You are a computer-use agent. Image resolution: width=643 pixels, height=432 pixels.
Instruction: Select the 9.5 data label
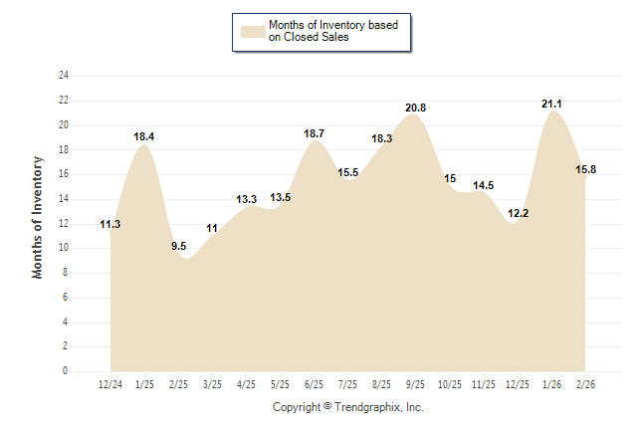tap(179, 245)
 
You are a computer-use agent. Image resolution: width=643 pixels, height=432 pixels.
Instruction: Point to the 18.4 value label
tap(145, 136)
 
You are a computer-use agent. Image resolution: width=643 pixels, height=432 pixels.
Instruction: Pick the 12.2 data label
tap(518, 213)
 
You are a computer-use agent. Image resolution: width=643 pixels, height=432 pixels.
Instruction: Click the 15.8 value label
tap(586, 169)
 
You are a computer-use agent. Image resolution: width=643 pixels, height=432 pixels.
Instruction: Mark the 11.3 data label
tap(110, 224)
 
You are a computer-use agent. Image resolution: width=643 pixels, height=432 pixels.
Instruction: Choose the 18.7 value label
tap(314, 132)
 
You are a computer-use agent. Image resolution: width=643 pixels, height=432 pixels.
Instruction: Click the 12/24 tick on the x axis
tap(111, 383)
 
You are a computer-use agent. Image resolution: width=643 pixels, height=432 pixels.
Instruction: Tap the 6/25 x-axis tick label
tap(315, 383)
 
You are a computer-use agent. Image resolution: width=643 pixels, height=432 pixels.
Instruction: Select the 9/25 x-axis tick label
tap(416, 383)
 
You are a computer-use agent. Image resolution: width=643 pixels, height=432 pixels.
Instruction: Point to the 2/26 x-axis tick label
tap(585, 383)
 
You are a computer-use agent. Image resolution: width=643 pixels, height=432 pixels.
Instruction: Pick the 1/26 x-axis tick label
tap(551, 383)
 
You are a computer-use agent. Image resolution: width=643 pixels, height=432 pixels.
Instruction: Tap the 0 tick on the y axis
tap(66, 371)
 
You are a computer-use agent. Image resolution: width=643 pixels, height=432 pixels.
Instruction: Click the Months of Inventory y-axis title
tap(38, 217)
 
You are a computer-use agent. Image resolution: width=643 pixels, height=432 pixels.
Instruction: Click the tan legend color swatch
tap(252, 31)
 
